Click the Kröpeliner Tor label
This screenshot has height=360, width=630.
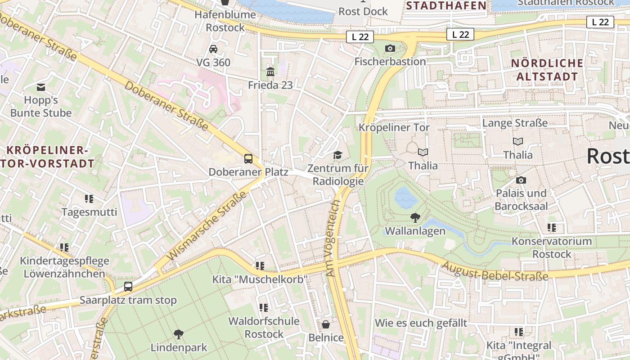click(394, 127)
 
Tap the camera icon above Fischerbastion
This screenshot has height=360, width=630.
click(390, 48)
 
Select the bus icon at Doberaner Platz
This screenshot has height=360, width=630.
click(248, 158)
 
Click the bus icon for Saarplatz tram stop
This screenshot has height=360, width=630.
click(128, 287)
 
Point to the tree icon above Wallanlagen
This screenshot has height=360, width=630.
click(415, 218)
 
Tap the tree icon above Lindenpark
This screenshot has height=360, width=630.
click(179, 334)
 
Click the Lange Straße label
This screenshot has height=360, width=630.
click(515, 123)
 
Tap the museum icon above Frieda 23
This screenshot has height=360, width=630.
click(270, 72)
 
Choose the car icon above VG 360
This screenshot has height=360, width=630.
click(213, 49)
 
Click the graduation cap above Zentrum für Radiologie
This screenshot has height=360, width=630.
click(337, 155)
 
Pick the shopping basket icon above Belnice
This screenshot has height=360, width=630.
click(326, 324)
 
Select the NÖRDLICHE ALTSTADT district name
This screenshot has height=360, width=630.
click(547, 70)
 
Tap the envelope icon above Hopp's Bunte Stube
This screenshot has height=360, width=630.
click(41, 87)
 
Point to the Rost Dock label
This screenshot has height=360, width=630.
click(363, 11)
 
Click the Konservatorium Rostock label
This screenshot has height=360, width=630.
click(552, 247)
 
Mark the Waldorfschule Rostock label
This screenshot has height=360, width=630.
click(264, 328)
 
